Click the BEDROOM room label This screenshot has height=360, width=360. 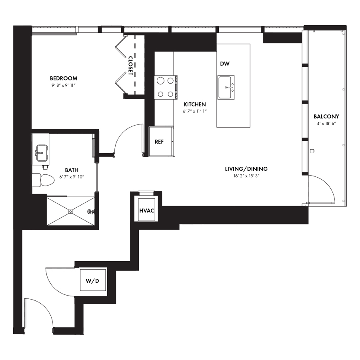[64, 78]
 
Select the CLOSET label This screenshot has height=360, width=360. [130, 66]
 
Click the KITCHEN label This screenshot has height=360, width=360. [195, 104]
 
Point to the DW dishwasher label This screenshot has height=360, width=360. [225, 64]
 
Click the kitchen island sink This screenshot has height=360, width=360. [226, 88]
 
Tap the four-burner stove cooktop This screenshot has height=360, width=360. [166, 88]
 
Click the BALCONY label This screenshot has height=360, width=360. [326, 116]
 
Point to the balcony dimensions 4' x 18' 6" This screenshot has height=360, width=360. [326, 124]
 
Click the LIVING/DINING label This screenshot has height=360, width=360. [246, 169]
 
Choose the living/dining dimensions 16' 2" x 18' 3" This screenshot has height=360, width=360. [246, 176]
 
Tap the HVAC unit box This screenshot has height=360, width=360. [147, 210]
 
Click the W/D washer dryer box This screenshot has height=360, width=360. [93, 280]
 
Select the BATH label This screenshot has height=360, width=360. [72, 170]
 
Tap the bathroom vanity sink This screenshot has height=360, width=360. [42, 153]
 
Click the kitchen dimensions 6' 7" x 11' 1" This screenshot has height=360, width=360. [195, 112]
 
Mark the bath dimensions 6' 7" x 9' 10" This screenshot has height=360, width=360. [72, 177]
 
